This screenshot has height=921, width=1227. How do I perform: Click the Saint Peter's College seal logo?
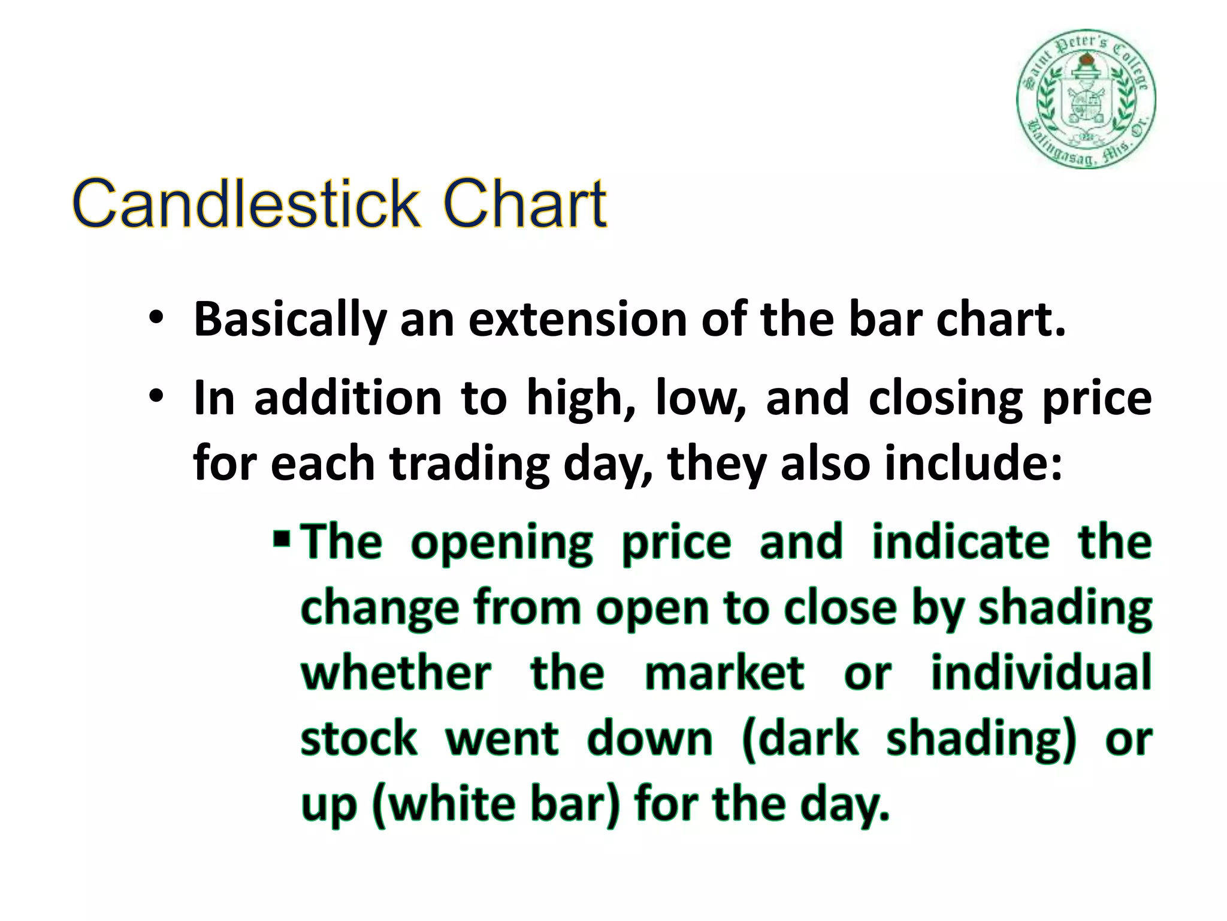pyautogui.click(x=1086, y=99)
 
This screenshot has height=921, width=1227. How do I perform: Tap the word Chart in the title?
pyautogui.click(x=525, y=203)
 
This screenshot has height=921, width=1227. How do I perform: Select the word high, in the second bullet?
pyautogui.click(x=581, y=400)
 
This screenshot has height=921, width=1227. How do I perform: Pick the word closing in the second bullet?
pyautogui.click(x=945, y=400)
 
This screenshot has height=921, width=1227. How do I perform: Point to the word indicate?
pyautogui.click(x=960, y=543)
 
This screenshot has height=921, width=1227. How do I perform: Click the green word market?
pyautogui.click(x=724, y=673)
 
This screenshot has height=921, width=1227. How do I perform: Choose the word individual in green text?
pyautogui.click(x=1041, y=673)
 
